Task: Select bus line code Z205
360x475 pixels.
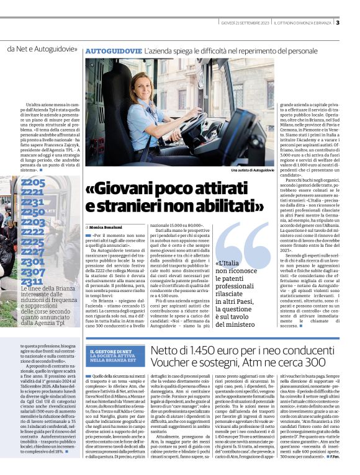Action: click(x=33, y=182)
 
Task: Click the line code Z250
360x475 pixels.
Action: click(x=33, y=212)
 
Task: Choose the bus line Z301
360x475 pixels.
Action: click(x=33, y=262)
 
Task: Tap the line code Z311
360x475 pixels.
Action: click(x=32, y=282)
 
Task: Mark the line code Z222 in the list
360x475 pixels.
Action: click(x=33, y=232)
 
